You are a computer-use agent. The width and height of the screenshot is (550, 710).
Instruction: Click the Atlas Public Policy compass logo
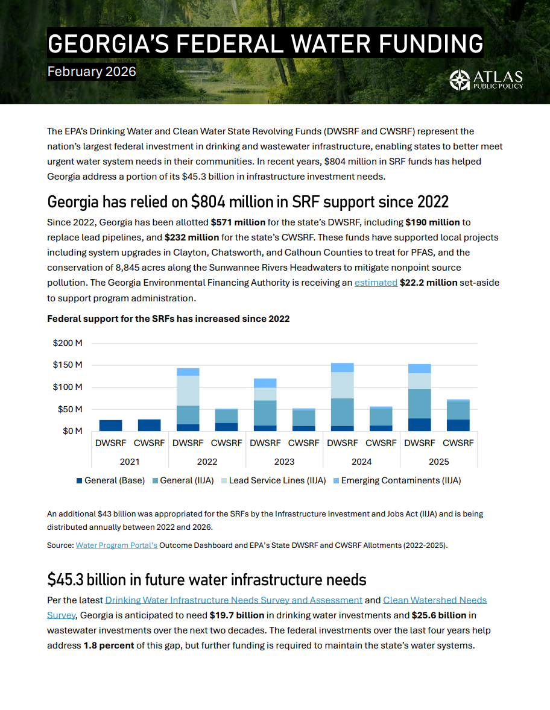pyautogui.click(x=460, y=80)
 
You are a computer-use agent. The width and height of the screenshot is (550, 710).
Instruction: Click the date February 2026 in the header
pyautogui.click(x=92, y=72)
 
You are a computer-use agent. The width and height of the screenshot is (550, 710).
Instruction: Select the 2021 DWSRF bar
pyautogui.click(x=111, y=426)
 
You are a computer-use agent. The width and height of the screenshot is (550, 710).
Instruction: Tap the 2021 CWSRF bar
pyautogui.click(x=149, y=425)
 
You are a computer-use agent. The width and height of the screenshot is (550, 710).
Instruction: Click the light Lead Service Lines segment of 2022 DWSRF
pyautogui.click(x=188, y=391)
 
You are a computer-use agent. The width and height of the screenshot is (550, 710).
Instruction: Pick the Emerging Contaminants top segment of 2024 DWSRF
pyautogui.click(x=343, y=367)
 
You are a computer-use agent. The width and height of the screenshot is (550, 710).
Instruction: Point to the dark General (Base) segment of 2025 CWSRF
pyautogui.click(x=458, y=425)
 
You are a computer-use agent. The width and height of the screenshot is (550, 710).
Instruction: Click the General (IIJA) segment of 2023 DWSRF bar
pyautogui.click(x=265, y=413)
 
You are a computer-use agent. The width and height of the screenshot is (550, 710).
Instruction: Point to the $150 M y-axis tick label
pyautogui.click(x=68, y=365)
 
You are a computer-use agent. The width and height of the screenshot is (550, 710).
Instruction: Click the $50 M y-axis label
pyautogui.click(x=70, y=409)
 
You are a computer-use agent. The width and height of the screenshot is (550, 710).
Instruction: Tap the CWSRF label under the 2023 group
pyautogui.click(x=303, y=443)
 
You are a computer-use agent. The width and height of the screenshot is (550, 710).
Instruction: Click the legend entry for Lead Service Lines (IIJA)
pyautogui.click(x=277, y=480)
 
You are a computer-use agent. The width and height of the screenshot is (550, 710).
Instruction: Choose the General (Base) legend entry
pyautogui.click(x=111, y=480)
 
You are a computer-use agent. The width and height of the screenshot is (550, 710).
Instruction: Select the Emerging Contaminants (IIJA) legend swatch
pyautogui.click(x=337, y=480)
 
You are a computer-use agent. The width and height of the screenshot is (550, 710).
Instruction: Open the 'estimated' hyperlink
pyautogui.click(x=376, y=282)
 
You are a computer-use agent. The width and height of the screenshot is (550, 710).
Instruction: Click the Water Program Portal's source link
pyautogui.click(x=116, y=545)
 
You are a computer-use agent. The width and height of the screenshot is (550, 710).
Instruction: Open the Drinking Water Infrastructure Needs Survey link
pyautogui.click(x=234, y=600)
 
